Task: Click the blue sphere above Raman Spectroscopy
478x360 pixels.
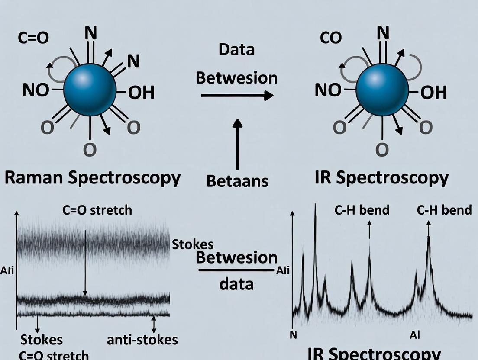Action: coord(90,90)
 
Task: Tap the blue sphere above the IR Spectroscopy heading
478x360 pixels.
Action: coord(382,90)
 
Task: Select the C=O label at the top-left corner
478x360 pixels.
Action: coord(33,38)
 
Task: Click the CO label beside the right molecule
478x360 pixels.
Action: coord(331,38)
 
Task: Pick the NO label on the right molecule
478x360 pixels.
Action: coord(328,90)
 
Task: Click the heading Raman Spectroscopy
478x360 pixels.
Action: coord(92,178)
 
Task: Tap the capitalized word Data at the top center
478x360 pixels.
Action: coord(236,50)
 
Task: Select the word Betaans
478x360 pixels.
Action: coord(237,181)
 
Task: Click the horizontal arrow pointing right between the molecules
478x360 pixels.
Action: coord(237,95)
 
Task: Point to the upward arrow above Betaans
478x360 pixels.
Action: coord(237,145)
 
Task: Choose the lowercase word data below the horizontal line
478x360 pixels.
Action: coord(236,284)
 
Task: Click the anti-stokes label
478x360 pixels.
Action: coord(142,340)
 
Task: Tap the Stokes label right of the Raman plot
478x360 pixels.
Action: coord(193,244)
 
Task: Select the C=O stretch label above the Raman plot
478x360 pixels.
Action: coord(97,210)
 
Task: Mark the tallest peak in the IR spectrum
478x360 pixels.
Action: coord(315,208)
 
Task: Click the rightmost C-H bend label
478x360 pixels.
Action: coord(444,210)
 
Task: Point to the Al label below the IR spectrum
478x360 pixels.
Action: coord(415,335)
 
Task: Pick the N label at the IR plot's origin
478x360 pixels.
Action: coord(293,335)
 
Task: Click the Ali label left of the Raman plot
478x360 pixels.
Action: coord(7,271)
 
